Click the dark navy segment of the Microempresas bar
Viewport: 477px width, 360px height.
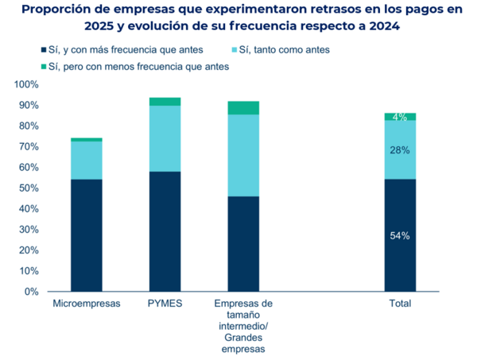point(86,235)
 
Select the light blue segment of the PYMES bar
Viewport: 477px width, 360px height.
point(165,138)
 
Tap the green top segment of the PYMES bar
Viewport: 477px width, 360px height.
point(165,101)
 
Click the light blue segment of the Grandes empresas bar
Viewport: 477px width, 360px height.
point(243,155)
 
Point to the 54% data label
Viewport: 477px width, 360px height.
point(400,235)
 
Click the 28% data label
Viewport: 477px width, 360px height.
point(400,150)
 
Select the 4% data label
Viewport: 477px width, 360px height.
point(400,118)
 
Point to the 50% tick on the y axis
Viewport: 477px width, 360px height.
point(29,188)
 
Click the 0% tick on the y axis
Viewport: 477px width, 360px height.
point(32,292)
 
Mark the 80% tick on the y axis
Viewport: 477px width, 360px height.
point(29,126)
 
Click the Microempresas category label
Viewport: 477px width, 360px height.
point(86,304)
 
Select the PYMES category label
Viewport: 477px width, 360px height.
point(165,304)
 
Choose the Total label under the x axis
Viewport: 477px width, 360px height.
point(400,304)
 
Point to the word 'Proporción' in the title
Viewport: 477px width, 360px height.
point(57,10)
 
